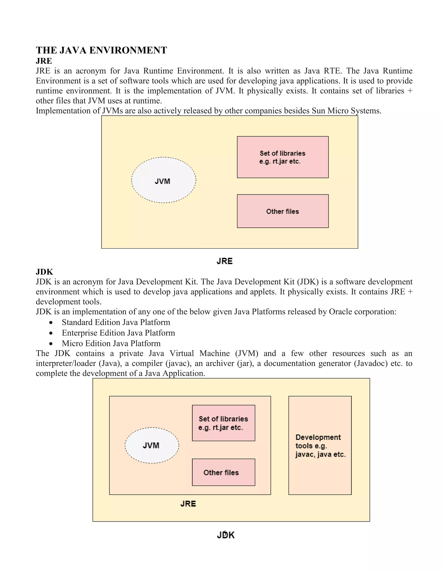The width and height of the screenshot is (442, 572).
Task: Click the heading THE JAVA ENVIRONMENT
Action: pyautogui.click(x=101, y=50)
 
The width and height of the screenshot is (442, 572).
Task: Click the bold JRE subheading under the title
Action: pyautogui.click(x=44, y=61)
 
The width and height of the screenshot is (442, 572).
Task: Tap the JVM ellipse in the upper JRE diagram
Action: pyautogui.click(x=163, y=180)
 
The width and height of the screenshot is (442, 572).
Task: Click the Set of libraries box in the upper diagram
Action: pyautogui.click(x=283, y=157)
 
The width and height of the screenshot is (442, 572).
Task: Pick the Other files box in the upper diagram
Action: pyautogui.click(x=283, y=211)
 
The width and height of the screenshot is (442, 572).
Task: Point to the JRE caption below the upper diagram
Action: pyautogui.click(x=224, y=261)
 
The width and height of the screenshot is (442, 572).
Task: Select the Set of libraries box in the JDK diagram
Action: pyautogui.click(x=223, y=423)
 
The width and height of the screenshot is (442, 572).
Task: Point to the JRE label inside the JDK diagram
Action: pyautogui.click(x=188, y=504)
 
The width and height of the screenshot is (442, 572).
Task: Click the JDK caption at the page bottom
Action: pyautogui.click(x=226, y=535)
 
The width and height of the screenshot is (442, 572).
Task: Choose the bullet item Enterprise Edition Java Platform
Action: pyautogui.click(x=118, y=333)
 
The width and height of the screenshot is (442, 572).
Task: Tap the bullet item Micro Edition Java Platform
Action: pyautogui.click(x=111, y=343)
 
